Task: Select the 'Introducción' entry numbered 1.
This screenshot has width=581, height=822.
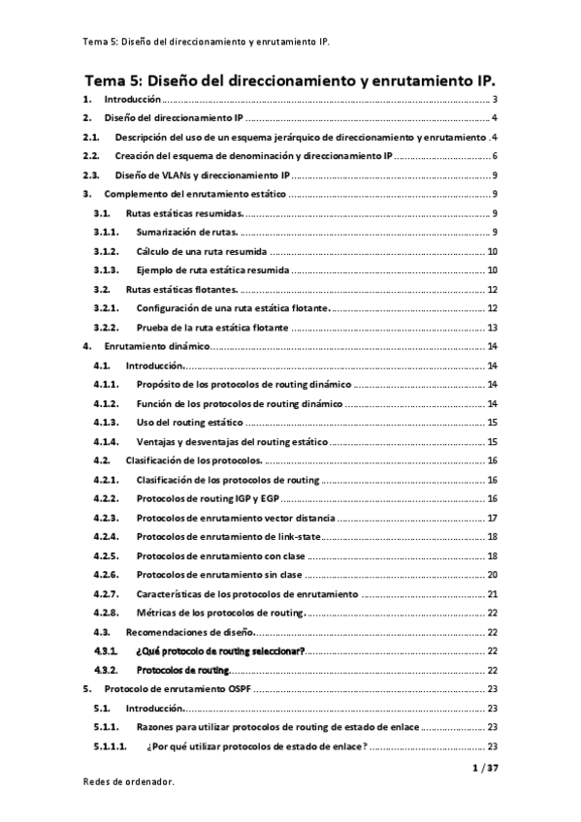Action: pyautogui.click(x=133, y=100)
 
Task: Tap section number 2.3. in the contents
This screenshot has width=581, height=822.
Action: pyautogui.click(x=91, y=176)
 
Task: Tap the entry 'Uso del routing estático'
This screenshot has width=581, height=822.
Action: pyautogui.click(x=189, y=423)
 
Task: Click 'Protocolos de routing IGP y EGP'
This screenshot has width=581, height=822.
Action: pyautogui.click(x=205, y=498)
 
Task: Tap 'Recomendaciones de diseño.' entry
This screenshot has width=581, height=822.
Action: pyautogui.click(x=190, y=631)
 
